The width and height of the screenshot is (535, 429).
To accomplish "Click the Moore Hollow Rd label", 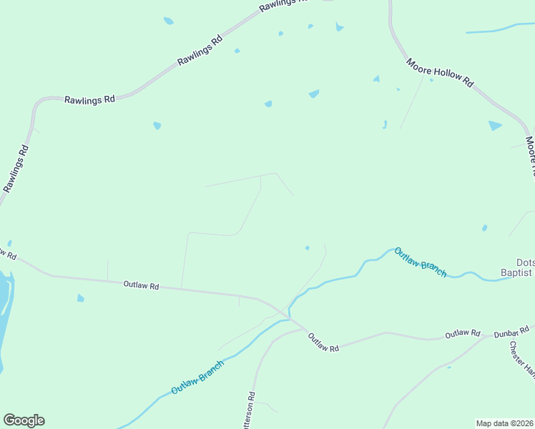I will pos(440,73).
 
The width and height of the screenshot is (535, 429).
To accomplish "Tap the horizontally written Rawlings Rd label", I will pos(89,100).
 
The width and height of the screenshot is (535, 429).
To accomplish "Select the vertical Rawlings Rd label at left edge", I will pos(16,169).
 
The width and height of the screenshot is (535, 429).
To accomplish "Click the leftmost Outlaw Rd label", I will pos(140,285).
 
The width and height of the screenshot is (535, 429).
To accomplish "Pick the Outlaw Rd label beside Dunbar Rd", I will pos(462,334).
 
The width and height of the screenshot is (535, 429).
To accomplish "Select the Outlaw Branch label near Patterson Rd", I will pos(197,378).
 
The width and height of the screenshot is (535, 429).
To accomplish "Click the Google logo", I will pos(24,420).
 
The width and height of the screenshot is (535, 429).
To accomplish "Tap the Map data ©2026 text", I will pos(504,423).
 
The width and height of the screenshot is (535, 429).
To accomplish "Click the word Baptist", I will pos(516,272).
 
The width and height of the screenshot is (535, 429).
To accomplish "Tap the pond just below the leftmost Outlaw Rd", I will pos(81,298).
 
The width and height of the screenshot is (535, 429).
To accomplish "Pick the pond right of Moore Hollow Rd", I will pos(494,126).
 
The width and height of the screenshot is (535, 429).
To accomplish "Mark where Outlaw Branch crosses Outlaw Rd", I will pos(290,315).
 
